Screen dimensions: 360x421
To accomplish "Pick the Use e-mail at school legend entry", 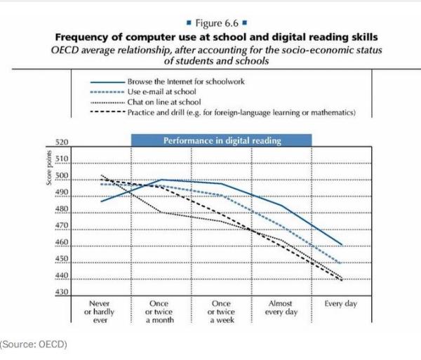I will pyautogui.click(x=161, y=92).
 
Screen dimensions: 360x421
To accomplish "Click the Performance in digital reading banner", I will pyautogui.click(x=222, y=140).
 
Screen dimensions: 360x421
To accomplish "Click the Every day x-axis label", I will pyautogui.click(x=342, y=303).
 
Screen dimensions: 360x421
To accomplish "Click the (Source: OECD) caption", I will pyautogui.click(x=34, y=345).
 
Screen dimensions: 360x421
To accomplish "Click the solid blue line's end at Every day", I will pyautogui.click(x=342, y=244).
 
